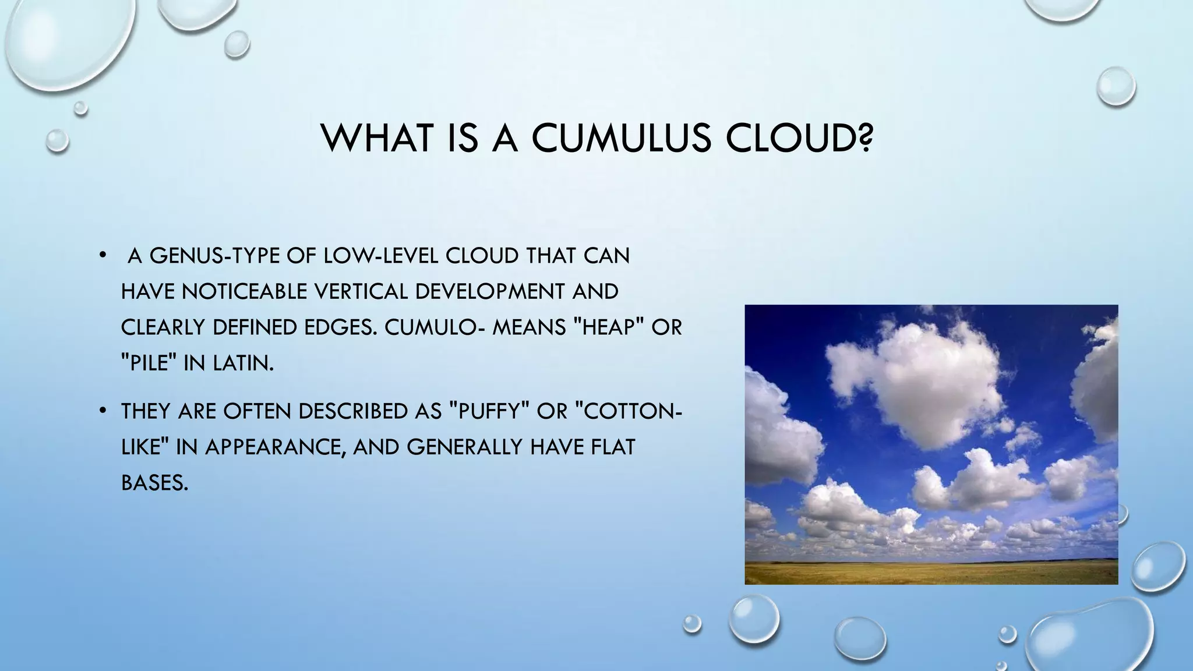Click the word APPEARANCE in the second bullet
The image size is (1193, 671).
tap(272, 447)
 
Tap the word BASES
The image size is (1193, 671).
tap(154, 482)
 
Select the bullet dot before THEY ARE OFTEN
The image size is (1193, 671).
tap(103, 411)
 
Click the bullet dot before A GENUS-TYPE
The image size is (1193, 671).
tap(103, 256)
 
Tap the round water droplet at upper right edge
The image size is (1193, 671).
tap(1116, 86)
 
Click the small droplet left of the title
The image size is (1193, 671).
tap(57, 140)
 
